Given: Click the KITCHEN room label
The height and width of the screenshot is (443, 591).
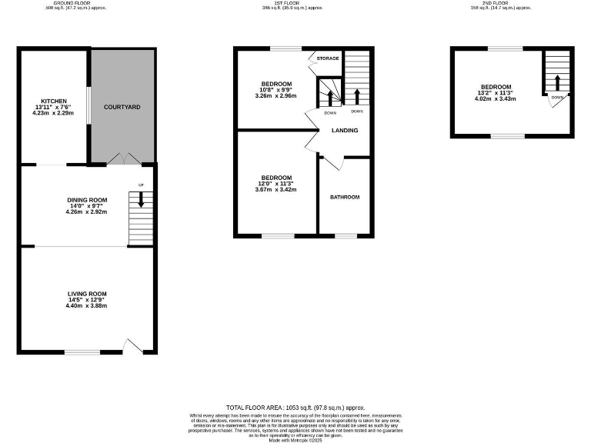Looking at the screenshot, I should pos(54,101).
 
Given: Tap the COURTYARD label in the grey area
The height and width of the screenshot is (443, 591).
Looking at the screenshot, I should pos(122,106).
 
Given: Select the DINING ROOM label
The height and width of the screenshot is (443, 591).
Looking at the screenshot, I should pos(86,199).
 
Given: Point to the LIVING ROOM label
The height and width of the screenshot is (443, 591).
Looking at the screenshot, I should pos(86,294).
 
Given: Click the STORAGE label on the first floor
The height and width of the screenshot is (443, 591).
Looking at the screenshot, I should pos(329,58).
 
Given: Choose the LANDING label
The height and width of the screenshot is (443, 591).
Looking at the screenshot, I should pos(344,130).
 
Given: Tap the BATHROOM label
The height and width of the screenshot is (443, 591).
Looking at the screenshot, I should pos(345,197).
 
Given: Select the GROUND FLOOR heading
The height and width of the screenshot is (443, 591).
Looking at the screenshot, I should pos(75,3).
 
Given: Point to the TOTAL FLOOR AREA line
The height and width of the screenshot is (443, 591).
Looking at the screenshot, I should pos(295,407).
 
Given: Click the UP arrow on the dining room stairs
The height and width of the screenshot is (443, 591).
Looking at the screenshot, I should pos(140,199).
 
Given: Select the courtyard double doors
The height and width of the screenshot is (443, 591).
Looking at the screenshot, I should pos(122,158).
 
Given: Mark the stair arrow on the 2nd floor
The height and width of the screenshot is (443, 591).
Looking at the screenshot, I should pos(556,82).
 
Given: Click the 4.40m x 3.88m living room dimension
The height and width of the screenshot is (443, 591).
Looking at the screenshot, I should pos(86,306).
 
